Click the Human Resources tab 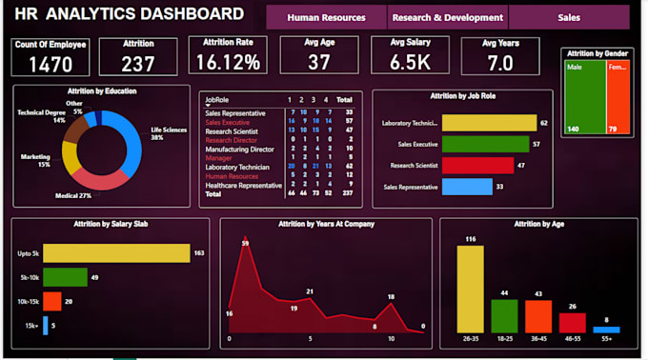coord(326,17)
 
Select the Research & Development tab coord(448,17)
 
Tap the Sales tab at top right coord(569,17)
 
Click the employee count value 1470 coord(50,64)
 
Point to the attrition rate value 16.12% coord(228,62)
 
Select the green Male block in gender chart coord(584,99)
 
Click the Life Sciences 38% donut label coord(169,134)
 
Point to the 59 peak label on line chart coord(245,244)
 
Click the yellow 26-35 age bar coord(471,290)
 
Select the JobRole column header coord(216,98)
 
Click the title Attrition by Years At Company coord(326,223)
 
